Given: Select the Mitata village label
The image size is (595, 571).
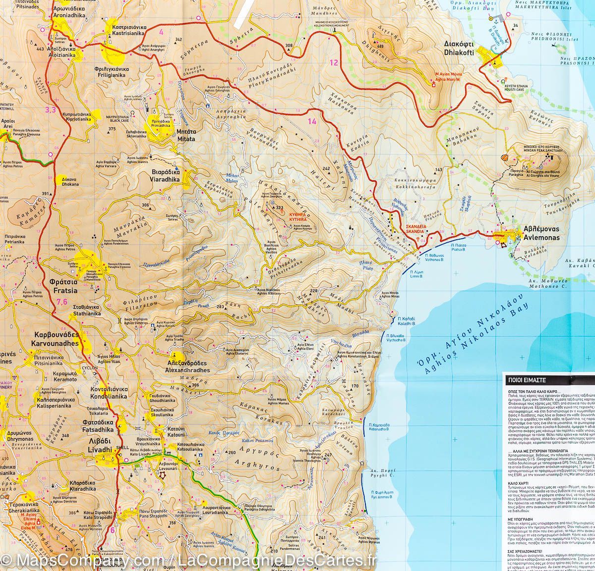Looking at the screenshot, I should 186,136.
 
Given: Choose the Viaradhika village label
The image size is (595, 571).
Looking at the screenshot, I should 166,176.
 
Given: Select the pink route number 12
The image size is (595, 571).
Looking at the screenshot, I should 333,62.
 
